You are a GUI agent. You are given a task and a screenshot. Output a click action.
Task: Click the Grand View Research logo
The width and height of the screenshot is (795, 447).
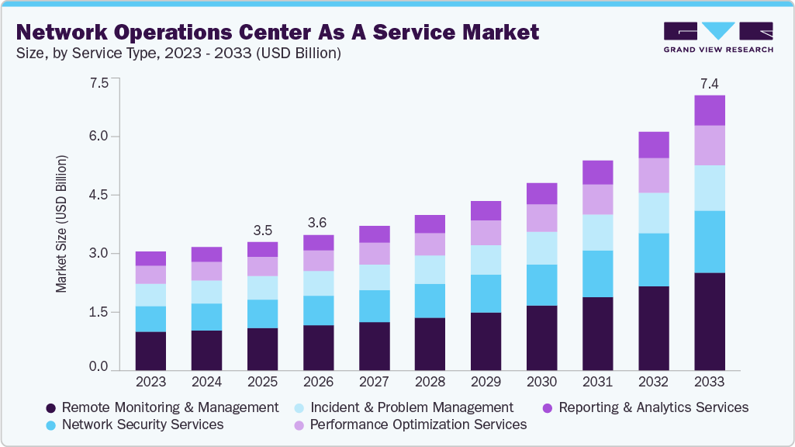coord(717,36)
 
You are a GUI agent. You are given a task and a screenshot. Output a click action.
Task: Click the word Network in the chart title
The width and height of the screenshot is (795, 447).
coord(67,33)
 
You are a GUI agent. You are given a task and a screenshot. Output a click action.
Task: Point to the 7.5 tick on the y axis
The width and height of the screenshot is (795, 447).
coord(99,83)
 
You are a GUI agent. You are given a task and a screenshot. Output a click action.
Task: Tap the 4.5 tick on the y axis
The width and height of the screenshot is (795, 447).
coord(99,195)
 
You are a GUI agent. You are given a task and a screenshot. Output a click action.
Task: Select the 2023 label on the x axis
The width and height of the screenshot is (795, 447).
coord(150,382)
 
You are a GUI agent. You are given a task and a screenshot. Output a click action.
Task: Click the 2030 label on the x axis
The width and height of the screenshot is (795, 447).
coord(541,382)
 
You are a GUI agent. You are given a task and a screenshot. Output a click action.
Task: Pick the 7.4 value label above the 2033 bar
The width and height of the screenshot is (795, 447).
coord(709,83)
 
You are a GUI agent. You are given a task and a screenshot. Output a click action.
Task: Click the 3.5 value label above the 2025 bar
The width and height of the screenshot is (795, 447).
coord(262,230)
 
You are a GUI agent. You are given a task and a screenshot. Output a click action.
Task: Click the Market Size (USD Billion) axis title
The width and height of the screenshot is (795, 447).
coord(61,224)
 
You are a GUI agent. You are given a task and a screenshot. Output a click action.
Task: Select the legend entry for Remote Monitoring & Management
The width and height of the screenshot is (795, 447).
coord(169,407)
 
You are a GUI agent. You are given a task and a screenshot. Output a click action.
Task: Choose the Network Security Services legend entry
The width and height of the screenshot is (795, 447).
coord(142,424)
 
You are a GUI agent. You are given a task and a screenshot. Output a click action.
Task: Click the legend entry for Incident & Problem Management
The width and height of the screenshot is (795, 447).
coord(411,407)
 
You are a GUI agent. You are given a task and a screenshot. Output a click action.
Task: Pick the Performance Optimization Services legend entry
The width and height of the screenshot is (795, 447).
coord(418,424)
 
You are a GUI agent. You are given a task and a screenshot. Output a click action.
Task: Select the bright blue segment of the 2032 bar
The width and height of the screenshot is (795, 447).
coord(653,260)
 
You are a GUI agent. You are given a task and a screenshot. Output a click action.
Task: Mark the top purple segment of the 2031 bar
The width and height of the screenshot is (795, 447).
coord(597,172)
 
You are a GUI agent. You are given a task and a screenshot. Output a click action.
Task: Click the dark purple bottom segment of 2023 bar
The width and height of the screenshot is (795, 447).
coord(150,351)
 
